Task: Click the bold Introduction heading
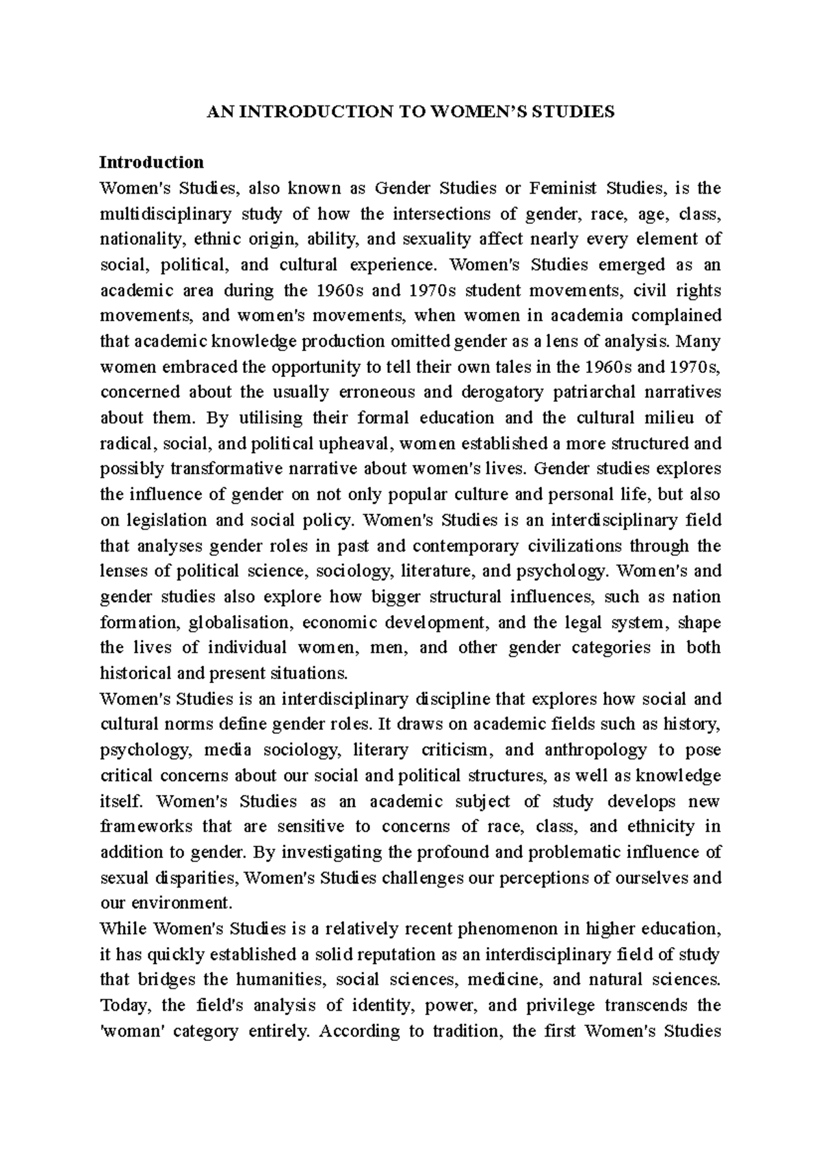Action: click(151, 162)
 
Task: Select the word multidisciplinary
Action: click(166, 214)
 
